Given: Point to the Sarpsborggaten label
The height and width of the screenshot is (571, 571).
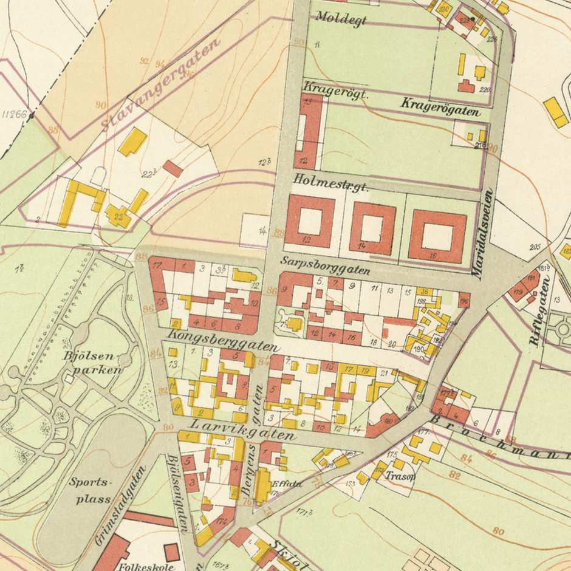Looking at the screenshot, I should click(x=326, y=264).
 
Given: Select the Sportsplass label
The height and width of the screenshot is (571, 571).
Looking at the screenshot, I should click(x=92, y=490).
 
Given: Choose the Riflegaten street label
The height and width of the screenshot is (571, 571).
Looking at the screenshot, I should click(x=540, y=312).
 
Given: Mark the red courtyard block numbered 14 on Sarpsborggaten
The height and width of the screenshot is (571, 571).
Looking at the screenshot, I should click(x=372, y=229).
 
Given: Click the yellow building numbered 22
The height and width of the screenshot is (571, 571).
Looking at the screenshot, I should click(x=117, y=216).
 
